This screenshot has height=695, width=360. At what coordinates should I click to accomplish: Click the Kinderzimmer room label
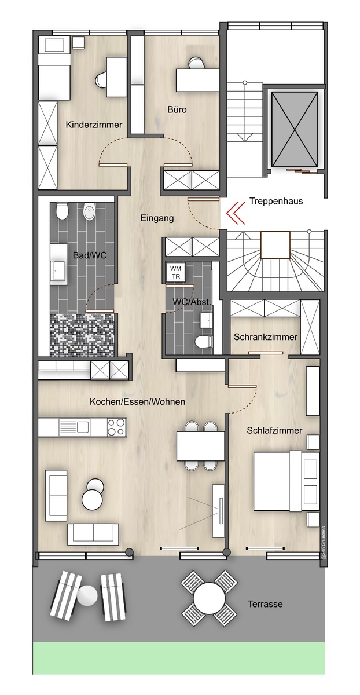pos(94,125)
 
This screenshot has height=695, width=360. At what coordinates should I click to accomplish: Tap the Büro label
pos(177,109)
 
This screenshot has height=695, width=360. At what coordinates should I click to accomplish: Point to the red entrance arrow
pos(236,213)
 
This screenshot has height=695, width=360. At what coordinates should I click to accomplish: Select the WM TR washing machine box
pos(175,272)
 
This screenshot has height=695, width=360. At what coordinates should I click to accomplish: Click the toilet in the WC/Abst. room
pos(204,342)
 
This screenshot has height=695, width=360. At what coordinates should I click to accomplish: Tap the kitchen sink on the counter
pos(75,427)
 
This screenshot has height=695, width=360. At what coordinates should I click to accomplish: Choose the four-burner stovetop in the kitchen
pos(116,427)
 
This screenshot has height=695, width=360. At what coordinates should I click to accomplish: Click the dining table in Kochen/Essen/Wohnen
pos(200,446)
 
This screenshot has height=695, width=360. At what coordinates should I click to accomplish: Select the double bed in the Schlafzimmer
pos(286,481)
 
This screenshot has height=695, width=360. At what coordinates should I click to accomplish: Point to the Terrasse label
pos(265,603)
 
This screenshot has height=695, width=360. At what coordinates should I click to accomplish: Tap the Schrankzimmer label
pos(266,337)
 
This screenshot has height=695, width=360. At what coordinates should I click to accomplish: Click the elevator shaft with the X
pos(295,129)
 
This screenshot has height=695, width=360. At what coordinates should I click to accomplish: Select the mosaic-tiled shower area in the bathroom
pos(82,335)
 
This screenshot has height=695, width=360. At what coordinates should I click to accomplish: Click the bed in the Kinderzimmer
pos(54,68)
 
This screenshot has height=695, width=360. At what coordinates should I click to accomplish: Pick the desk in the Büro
pos(197,81)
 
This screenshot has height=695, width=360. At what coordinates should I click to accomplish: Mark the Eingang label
pos(157,218)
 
